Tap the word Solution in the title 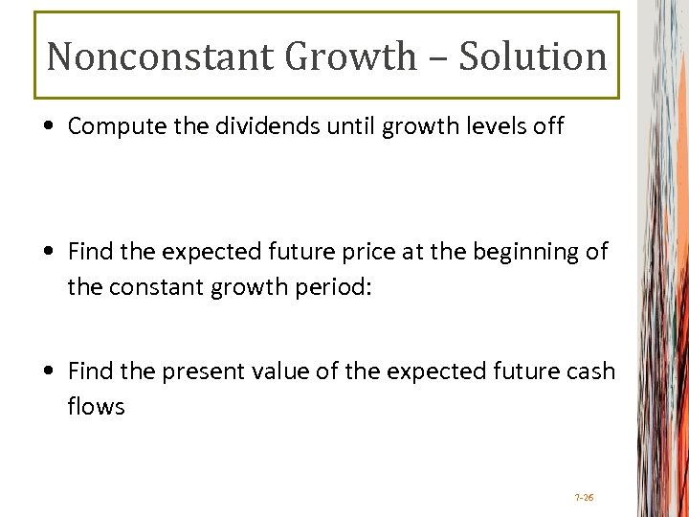pyautogui.click(x=533, y=56)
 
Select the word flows pyautogui.click(x=96, y=406)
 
